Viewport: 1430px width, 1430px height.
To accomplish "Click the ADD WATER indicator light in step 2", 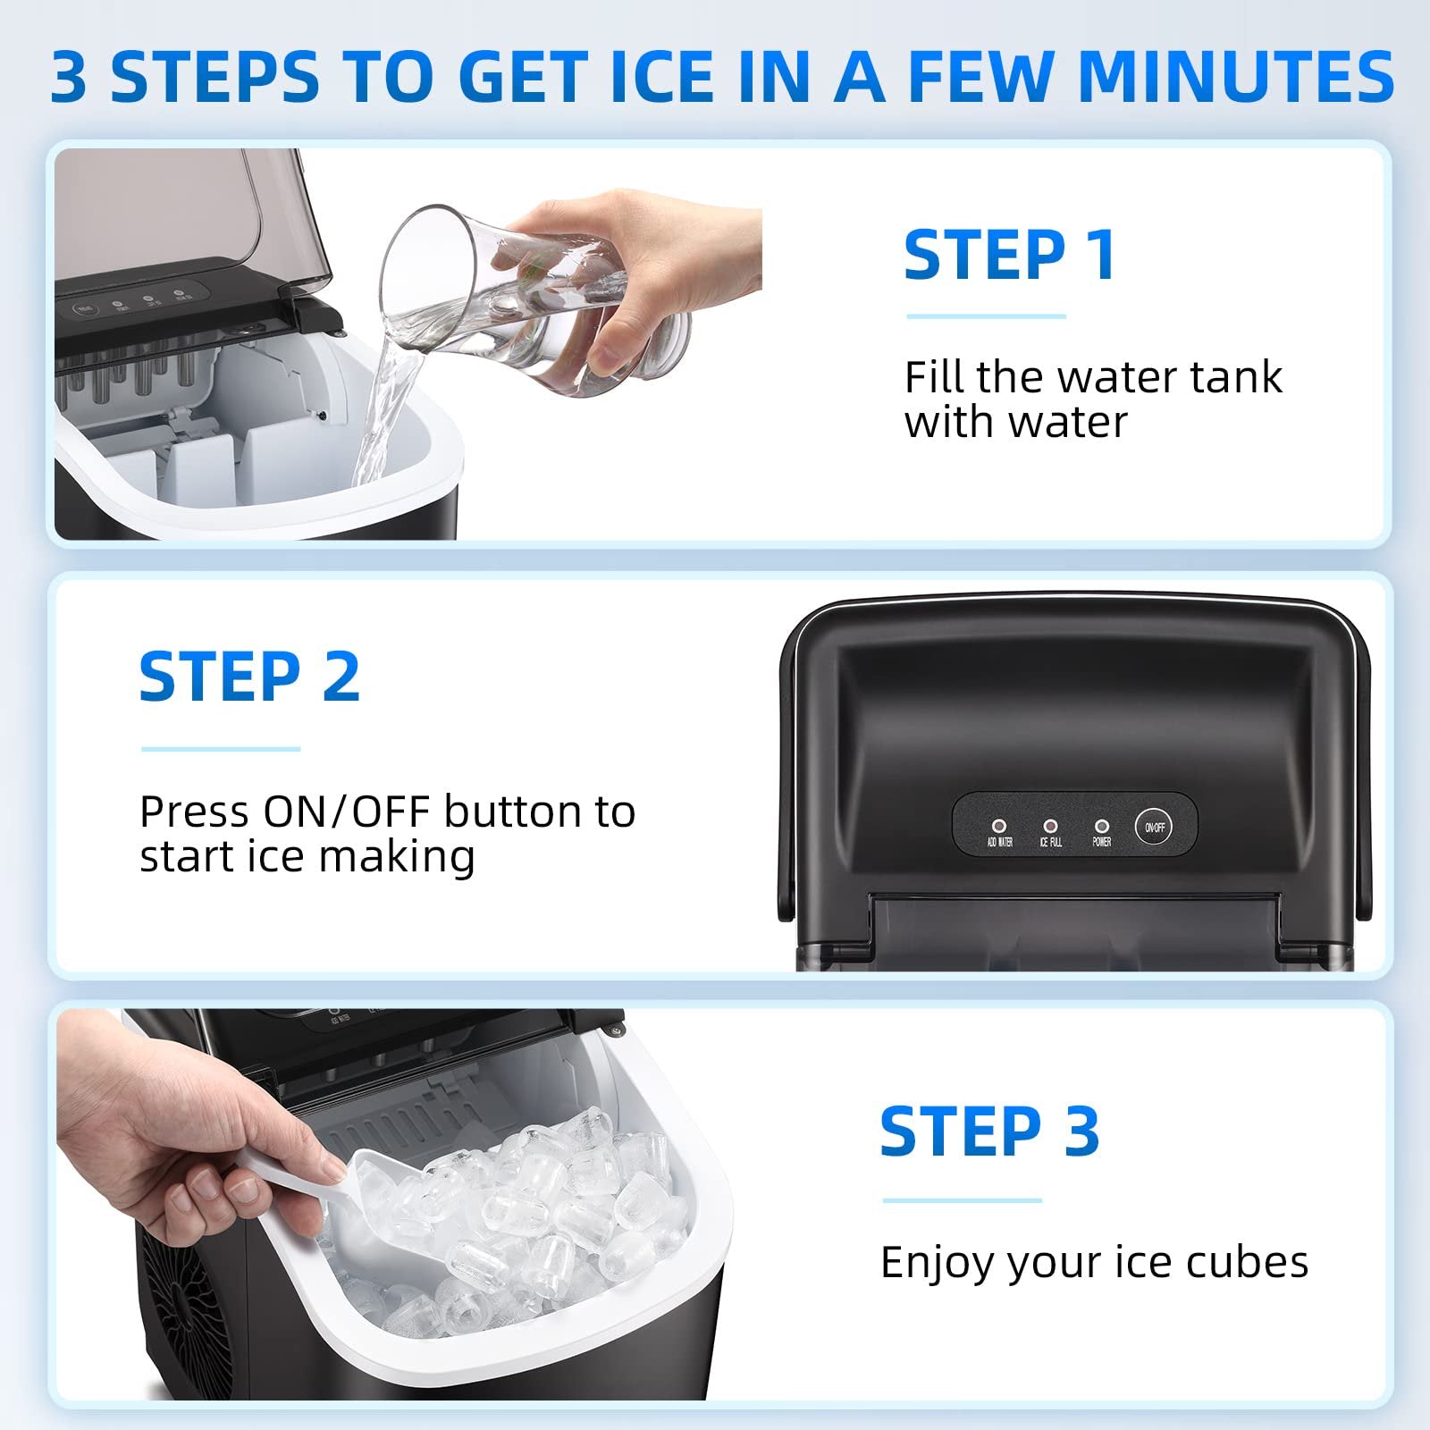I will coord(999,827).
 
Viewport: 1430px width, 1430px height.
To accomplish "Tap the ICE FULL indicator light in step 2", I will coord(1050,827).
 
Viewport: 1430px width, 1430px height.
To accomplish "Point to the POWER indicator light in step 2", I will coord(1101,827).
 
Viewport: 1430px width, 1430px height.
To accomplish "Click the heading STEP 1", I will coord(1010,256).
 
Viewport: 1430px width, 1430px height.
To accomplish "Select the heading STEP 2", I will coord(249,677).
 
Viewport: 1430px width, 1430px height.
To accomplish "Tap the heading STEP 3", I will coord(989,1132).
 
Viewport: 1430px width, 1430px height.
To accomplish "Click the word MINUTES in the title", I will coord(1236,77).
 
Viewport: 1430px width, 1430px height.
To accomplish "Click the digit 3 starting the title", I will coord(69,79).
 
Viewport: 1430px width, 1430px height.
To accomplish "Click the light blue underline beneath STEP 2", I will coord(221,749).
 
